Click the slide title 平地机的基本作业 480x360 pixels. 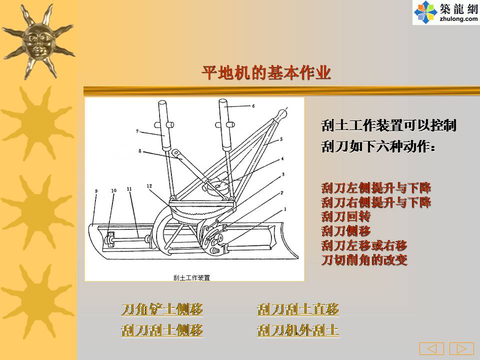pos(266,73)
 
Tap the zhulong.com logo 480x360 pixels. pos(446,12)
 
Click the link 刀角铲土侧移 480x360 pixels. pos(162,309)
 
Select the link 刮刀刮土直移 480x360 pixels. pos(298,309)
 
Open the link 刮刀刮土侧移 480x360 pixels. pos(162,330)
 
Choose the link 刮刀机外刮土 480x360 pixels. pos(298,330)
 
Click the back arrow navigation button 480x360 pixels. pos(431,348)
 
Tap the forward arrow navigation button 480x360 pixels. pos(461,348)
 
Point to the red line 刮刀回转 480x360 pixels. pos(346,216)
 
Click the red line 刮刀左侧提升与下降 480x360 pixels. pos(376,187)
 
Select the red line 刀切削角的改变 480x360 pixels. pos(364,260)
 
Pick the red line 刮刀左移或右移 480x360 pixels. pos(364,245)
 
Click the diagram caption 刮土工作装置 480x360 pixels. pos(191,277)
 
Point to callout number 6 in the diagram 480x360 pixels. pos(253,106)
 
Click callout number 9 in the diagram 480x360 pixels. pos(96,191)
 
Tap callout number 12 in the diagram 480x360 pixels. pos(149,186)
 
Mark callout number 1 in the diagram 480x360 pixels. pos(285,209)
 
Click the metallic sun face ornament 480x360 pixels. pos(38,41)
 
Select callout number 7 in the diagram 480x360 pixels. pos(137,131)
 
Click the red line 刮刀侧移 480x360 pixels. pos(346,231)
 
